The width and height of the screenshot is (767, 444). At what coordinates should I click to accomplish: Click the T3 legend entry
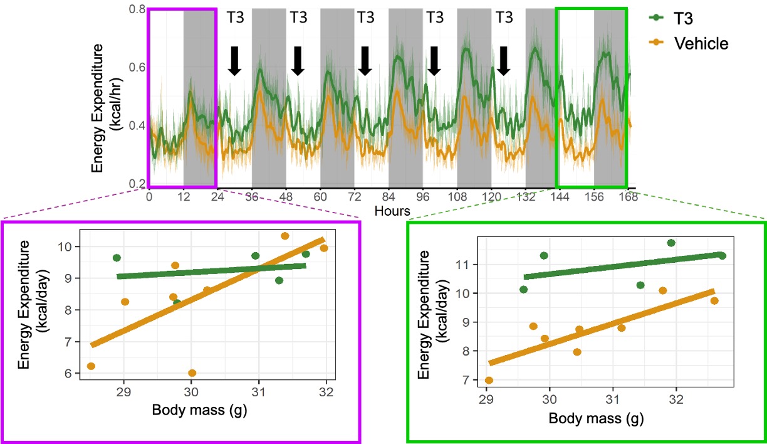(x=690, y=18)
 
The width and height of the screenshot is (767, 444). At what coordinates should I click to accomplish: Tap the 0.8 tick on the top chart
(x=137, y=9)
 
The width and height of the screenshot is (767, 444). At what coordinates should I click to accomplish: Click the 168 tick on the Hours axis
(x=628, y=196)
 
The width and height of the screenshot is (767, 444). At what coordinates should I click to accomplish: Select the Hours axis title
(x=392, y=211)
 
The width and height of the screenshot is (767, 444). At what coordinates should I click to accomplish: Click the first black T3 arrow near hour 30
(x=234, y=60)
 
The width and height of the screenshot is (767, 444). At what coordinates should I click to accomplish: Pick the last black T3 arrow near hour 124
(x=503, y=60)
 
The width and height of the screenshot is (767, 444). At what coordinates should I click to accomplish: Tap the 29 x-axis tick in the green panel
(x=486, y=399)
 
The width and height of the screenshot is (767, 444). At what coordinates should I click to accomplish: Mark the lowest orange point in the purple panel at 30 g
(x=192, y=373)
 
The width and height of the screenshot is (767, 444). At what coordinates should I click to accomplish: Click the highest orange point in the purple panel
(x=284, y=236)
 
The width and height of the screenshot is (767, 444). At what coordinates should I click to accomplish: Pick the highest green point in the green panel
(x=671, y=243)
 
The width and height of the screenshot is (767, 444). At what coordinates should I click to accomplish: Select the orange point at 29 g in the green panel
(x=489, y=380)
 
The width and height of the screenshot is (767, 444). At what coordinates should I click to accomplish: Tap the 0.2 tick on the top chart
(x=137, y=183)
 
